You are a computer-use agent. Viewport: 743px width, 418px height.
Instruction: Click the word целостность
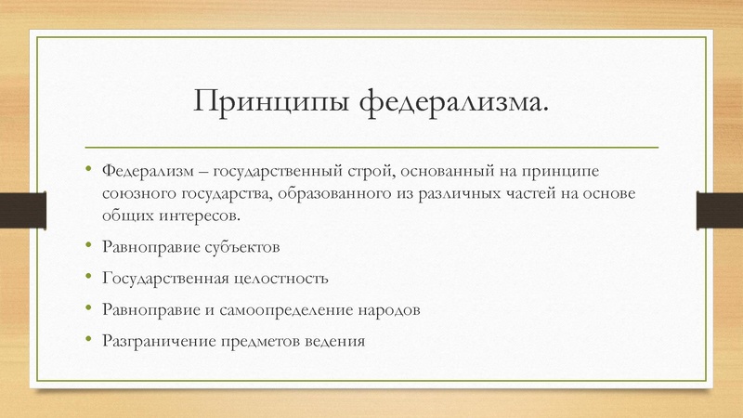tap(284, 278)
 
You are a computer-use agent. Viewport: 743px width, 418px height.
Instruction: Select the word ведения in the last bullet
tap(335, 339)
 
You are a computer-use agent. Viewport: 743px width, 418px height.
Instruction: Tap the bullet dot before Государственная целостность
tap(90, 276)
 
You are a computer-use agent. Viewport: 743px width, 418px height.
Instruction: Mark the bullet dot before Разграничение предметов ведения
tap(90, 337)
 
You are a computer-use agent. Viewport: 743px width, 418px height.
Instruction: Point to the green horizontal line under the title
tap(371, 147)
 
